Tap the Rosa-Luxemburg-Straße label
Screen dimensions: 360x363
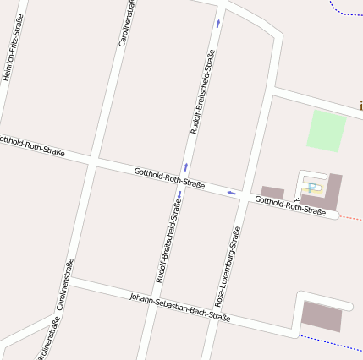click(x=228, y=265)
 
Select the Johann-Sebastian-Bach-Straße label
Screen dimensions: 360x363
click(x=180, y=307)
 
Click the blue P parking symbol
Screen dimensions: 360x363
click(x=312, y=188)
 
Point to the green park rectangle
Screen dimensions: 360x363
click(x=326, y=130)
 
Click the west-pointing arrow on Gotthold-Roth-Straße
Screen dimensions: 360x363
click(x=231, y=194)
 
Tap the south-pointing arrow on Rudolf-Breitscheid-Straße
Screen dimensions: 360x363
click(x=179, y=195)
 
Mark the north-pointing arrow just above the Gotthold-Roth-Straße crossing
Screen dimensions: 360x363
click(x=186, y=166)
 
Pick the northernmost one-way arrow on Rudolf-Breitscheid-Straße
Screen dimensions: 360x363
click(x=217, y=24)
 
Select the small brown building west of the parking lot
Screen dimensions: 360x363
click(x=272, y=193)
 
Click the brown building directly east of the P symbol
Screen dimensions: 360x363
click(x=333, y=191)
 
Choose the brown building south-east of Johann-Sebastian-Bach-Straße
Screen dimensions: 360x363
click(x=322, y=316)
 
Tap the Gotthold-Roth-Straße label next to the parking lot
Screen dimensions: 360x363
click(x=290, y=205)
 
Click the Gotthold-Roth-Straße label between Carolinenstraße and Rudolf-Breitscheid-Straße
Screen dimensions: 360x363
click(x=169, y=178)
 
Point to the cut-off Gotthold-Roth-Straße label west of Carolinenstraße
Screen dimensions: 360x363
click(x=32, y=145)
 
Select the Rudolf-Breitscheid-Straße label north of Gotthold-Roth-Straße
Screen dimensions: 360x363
click(x=202, y=92)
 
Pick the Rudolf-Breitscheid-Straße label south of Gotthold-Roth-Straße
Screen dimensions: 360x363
click(x=168, y=241)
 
